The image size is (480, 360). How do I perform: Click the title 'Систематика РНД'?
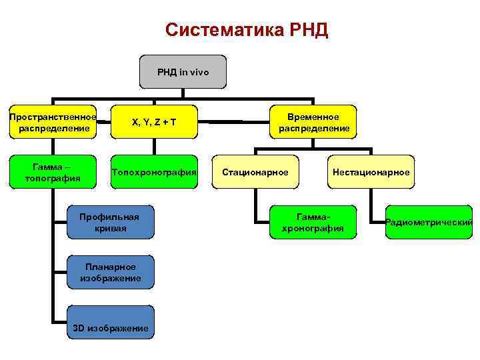coord(247,30)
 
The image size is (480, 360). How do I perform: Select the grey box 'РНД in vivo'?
coord(183,71)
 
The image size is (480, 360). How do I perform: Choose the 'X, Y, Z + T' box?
coord(154,122)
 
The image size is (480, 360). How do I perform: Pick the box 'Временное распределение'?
coord(314,122)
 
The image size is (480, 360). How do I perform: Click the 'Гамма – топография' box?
coord(53,173)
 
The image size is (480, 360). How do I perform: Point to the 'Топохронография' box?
coord(154,173)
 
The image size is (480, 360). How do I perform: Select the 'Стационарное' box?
coord(255,173)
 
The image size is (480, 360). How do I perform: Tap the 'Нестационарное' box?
coord(371,173)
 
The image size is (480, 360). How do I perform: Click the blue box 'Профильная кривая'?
coord(109,223)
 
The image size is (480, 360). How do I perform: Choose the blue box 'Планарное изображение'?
coord(111,272)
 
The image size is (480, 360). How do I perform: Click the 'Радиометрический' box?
coord(429,223)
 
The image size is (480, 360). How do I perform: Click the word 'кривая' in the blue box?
coord(109,229)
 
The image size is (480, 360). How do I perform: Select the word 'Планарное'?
coord(111,267)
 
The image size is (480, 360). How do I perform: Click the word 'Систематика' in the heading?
coord(222,30)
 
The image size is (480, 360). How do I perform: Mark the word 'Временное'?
coord(314,117)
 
